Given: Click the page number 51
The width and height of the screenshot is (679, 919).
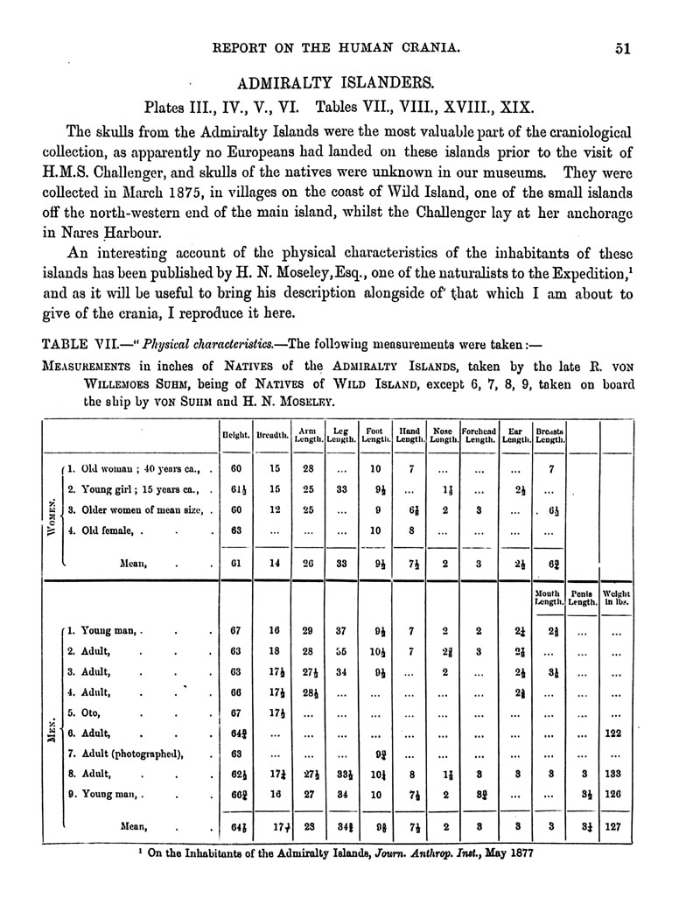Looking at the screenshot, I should (622, 49).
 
